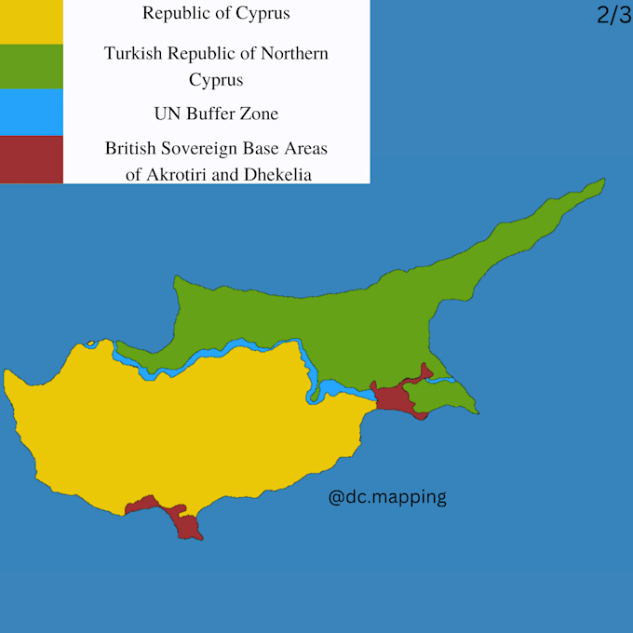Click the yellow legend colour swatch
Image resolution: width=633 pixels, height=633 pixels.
point(31,21)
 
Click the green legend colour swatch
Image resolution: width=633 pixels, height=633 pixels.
point(31,66)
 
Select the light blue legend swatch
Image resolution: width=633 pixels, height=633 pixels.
point(31,113)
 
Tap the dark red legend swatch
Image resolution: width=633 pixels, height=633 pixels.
point(31,159)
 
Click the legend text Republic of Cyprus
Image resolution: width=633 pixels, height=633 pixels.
point(216,14)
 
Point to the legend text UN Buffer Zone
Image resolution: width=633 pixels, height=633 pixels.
point(216,114)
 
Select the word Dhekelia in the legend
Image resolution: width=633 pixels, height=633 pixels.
point(278,173)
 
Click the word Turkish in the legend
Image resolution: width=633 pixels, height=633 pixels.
point(135,53)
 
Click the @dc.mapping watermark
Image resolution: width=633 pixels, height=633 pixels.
point(387,497)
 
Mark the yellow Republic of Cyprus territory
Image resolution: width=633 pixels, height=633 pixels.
point(186,428)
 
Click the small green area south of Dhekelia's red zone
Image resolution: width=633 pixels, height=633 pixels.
point(442,400)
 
